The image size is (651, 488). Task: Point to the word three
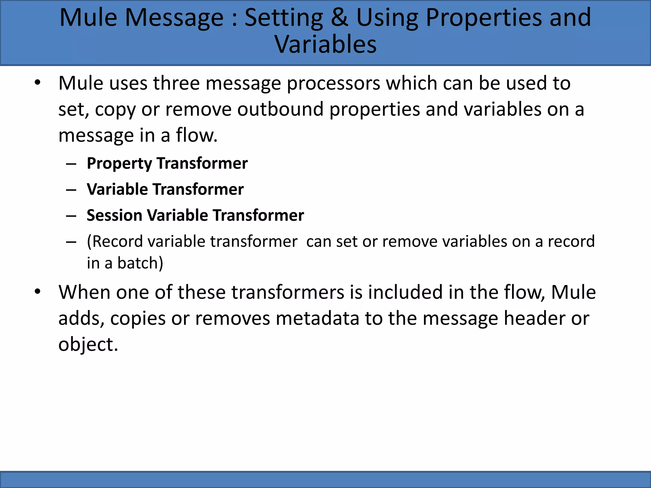(x=176, y=83)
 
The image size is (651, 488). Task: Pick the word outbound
(x=280, y=109)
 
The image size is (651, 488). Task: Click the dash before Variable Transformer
(x=71, y=190)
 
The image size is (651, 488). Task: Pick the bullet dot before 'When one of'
(x=38, y=291)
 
